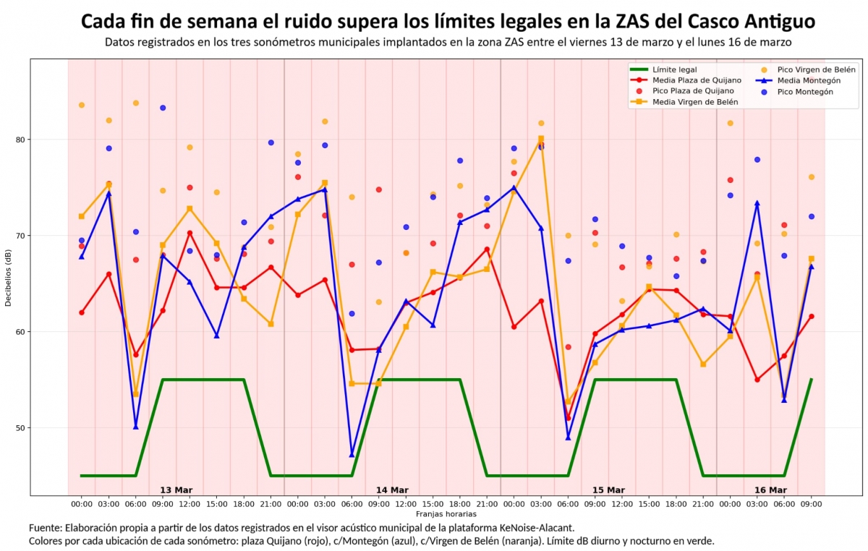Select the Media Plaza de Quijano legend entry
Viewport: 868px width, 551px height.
(x=697, y=80)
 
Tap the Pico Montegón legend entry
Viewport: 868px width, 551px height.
(x=805, y=92)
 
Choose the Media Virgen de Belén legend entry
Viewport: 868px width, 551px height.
(x=695, y=103)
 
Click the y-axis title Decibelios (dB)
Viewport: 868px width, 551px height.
(x=8, y=278)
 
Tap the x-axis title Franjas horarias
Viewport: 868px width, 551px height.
(x=446, y=513)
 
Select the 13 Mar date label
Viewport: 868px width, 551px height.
(x=176, y=490)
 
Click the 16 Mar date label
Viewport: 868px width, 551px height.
(x=770, y=490)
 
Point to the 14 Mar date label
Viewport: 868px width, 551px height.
(x=392, y=490)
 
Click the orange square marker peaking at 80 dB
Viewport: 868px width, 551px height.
(x=540, y=139)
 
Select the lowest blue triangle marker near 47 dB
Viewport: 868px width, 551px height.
(x=352, y=454)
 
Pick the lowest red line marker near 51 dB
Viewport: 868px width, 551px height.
(x=568, y=418)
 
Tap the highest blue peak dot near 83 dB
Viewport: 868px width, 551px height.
(x=163, y=108)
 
